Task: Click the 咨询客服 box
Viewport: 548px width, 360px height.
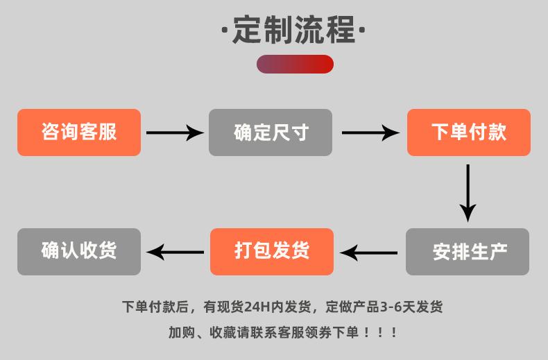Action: (79, 132)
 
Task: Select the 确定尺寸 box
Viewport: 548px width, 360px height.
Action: (271, 132)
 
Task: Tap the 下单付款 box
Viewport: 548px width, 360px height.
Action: (469, 132)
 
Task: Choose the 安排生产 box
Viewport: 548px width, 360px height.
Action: (468, 252)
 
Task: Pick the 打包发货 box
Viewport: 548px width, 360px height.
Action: (272, 252)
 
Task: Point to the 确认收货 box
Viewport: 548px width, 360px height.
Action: (79, 252)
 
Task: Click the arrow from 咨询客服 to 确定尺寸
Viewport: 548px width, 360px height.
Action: (175, 132)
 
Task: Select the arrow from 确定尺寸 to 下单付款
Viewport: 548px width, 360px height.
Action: (370, 132)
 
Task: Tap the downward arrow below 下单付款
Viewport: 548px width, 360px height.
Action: (468, 193)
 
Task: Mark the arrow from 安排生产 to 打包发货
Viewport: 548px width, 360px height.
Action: (368, 252)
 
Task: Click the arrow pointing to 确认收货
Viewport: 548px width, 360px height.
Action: (175, 252)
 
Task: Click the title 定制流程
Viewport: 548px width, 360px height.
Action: (293, 30)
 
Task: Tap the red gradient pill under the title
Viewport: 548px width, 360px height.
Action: (295, 64)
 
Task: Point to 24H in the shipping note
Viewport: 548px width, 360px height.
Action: (257, 307)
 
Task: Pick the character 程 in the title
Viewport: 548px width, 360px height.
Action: (340, 30)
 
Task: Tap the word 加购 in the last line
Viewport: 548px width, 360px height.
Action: (182, 332)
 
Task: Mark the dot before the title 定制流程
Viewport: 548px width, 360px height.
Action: (224, 30)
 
